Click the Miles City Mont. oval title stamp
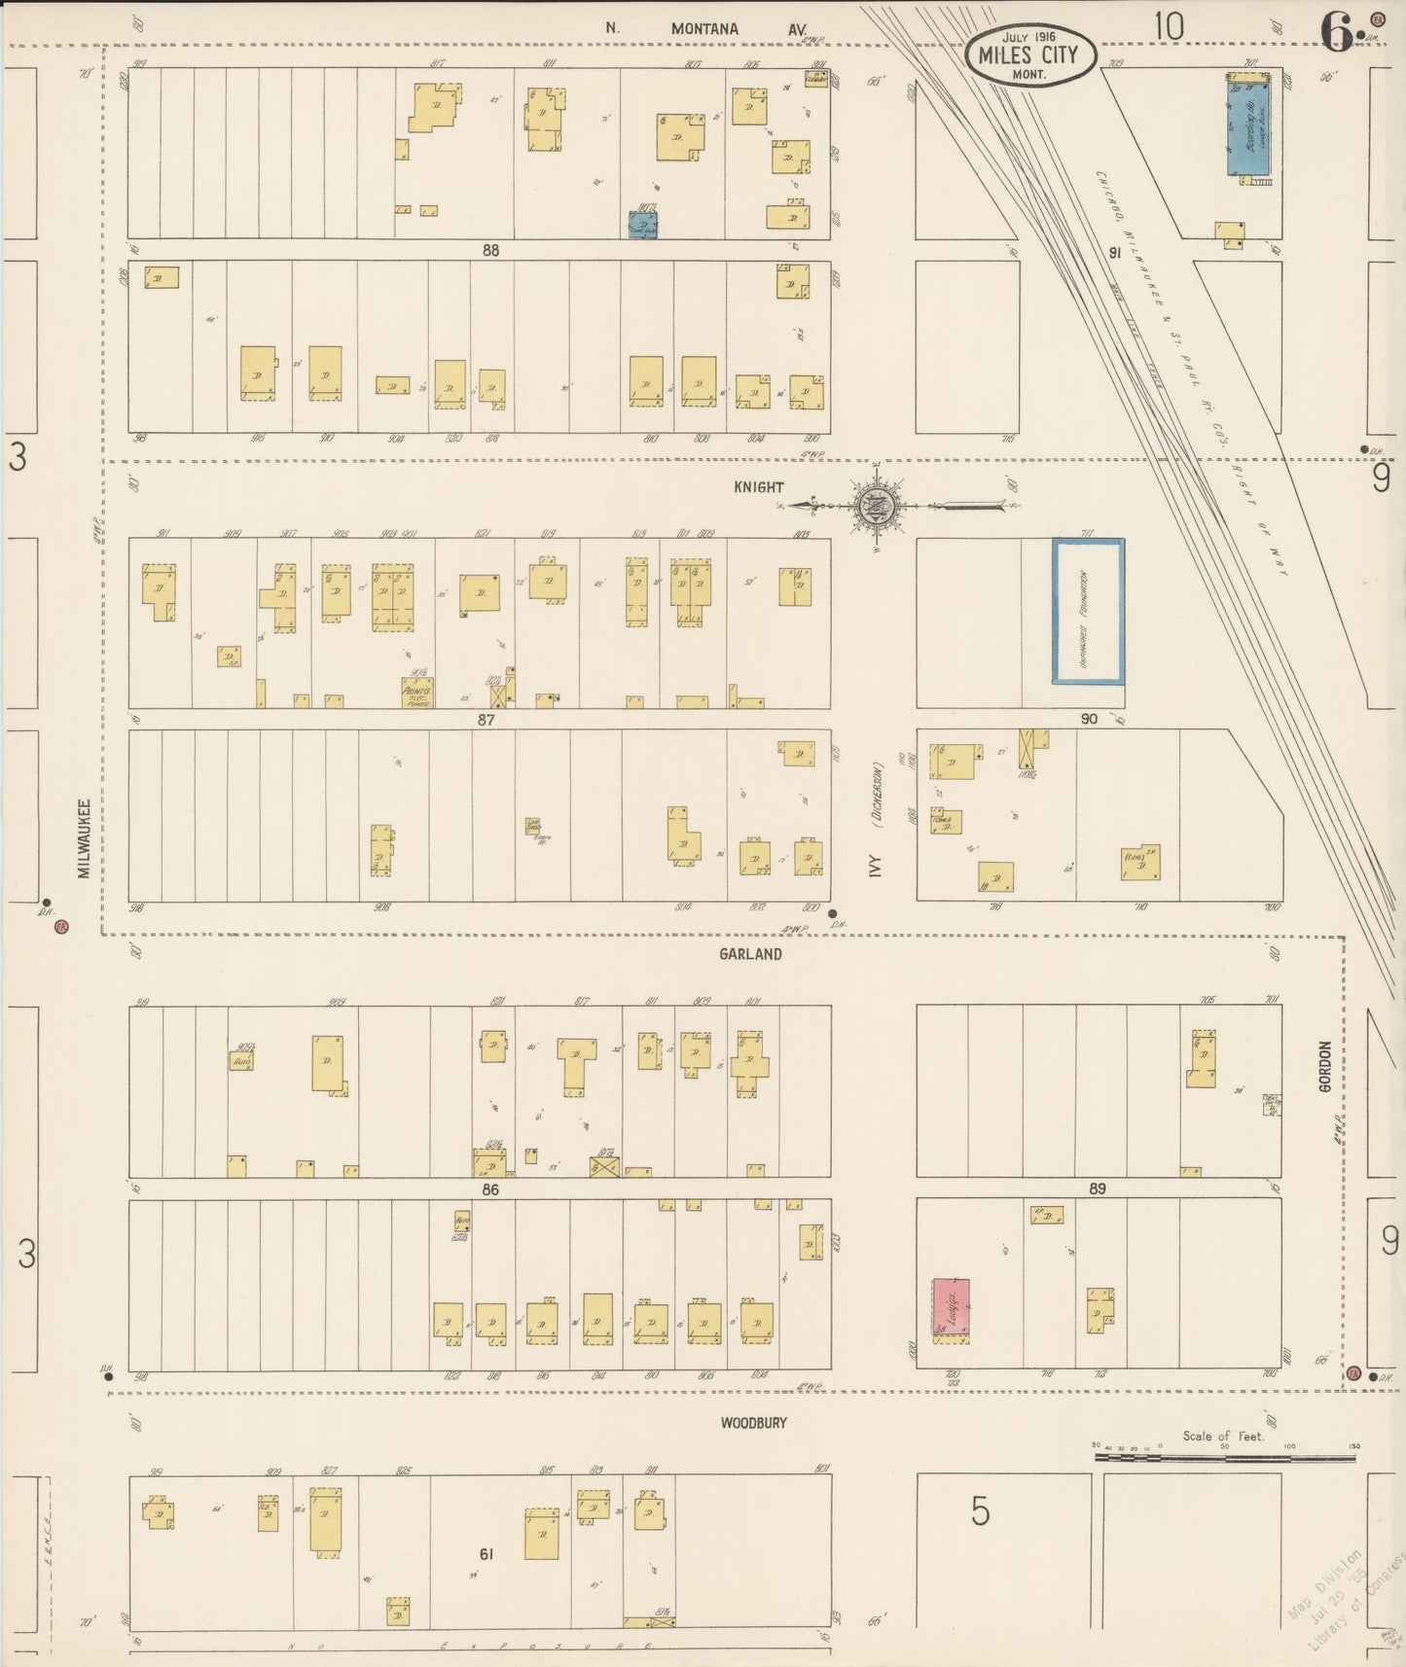(x=1030, y=55)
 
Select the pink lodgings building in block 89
(x=951, y=1308)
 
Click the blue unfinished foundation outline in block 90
(x=1088, y=611)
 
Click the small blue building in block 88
(x=642, y=226)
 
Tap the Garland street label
(x=750, y=954)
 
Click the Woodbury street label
(x=753, y=1422)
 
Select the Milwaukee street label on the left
(x=85, y=838)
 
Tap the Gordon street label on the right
(x=1324, y=1067)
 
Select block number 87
(x=487, y=720)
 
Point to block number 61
(x=487, y=1554)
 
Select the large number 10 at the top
(x=1169, y=27)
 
